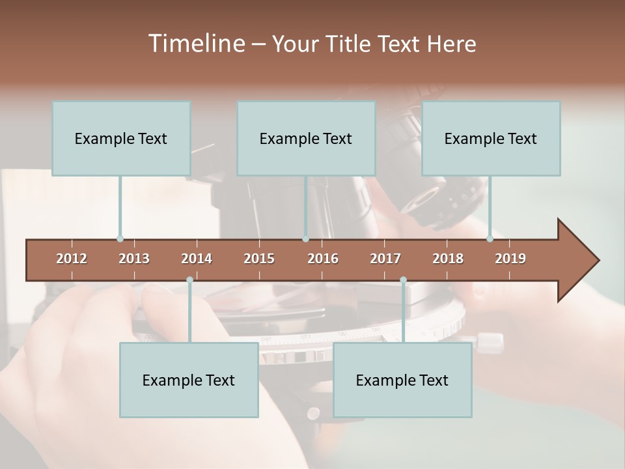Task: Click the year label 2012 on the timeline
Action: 72,259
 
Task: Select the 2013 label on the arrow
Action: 134,259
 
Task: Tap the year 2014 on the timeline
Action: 197,259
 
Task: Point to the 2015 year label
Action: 259,259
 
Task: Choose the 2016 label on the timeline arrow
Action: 323,259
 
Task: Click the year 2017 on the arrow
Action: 385,259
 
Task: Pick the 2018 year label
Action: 448,259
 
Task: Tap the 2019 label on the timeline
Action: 510,259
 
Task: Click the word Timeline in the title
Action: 195,44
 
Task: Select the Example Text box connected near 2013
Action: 121,138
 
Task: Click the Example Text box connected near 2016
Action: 306,138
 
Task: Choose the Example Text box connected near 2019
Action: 491,138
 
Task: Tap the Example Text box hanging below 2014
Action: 189,380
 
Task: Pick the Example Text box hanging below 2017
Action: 402,380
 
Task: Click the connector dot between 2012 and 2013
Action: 120,239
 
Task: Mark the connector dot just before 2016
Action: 305,239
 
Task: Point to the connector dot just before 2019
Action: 490,239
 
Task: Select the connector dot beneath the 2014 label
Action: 189,280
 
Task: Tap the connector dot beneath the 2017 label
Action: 403,280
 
